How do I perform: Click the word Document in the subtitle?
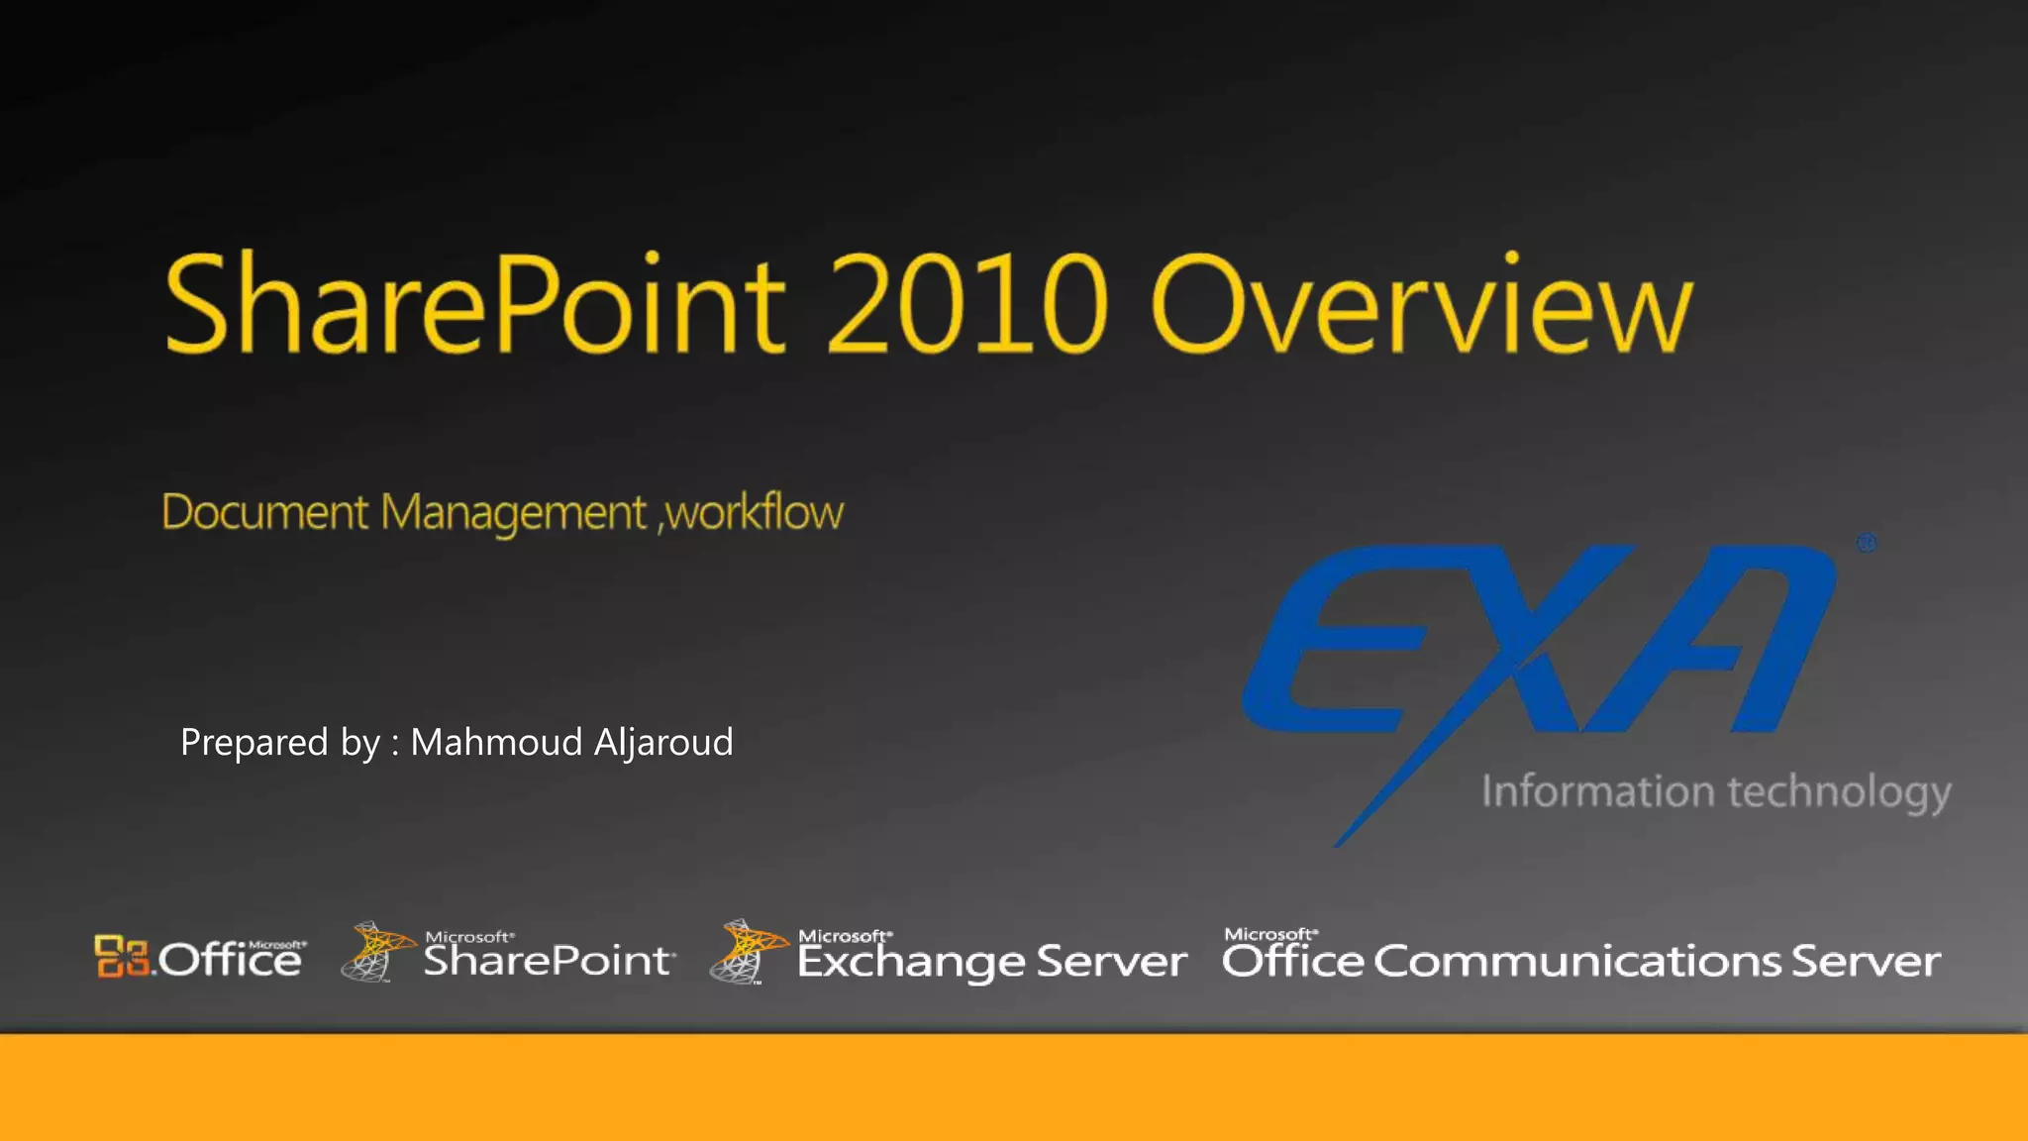[x=264, y=512]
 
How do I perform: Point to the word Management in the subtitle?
[x=513, y=514]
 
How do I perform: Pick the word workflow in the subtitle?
[x=755, y=512]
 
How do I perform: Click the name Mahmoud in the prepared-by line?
[x=496, y=742]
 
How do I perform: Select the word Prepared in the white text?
[x=253, y=742]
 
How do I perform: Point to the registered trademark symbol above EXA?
[x=1867, y=543]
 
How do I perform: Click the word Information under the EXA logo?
[x=1597, y=791]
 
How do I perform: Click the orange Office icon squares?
[x=121, y=956]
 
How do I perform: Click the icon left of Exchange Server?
[x=746, y=952]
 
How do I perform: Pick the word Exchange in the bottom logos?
[x=910, y=962]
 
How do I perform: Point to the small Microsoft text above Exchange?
[x=844, y=936]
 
